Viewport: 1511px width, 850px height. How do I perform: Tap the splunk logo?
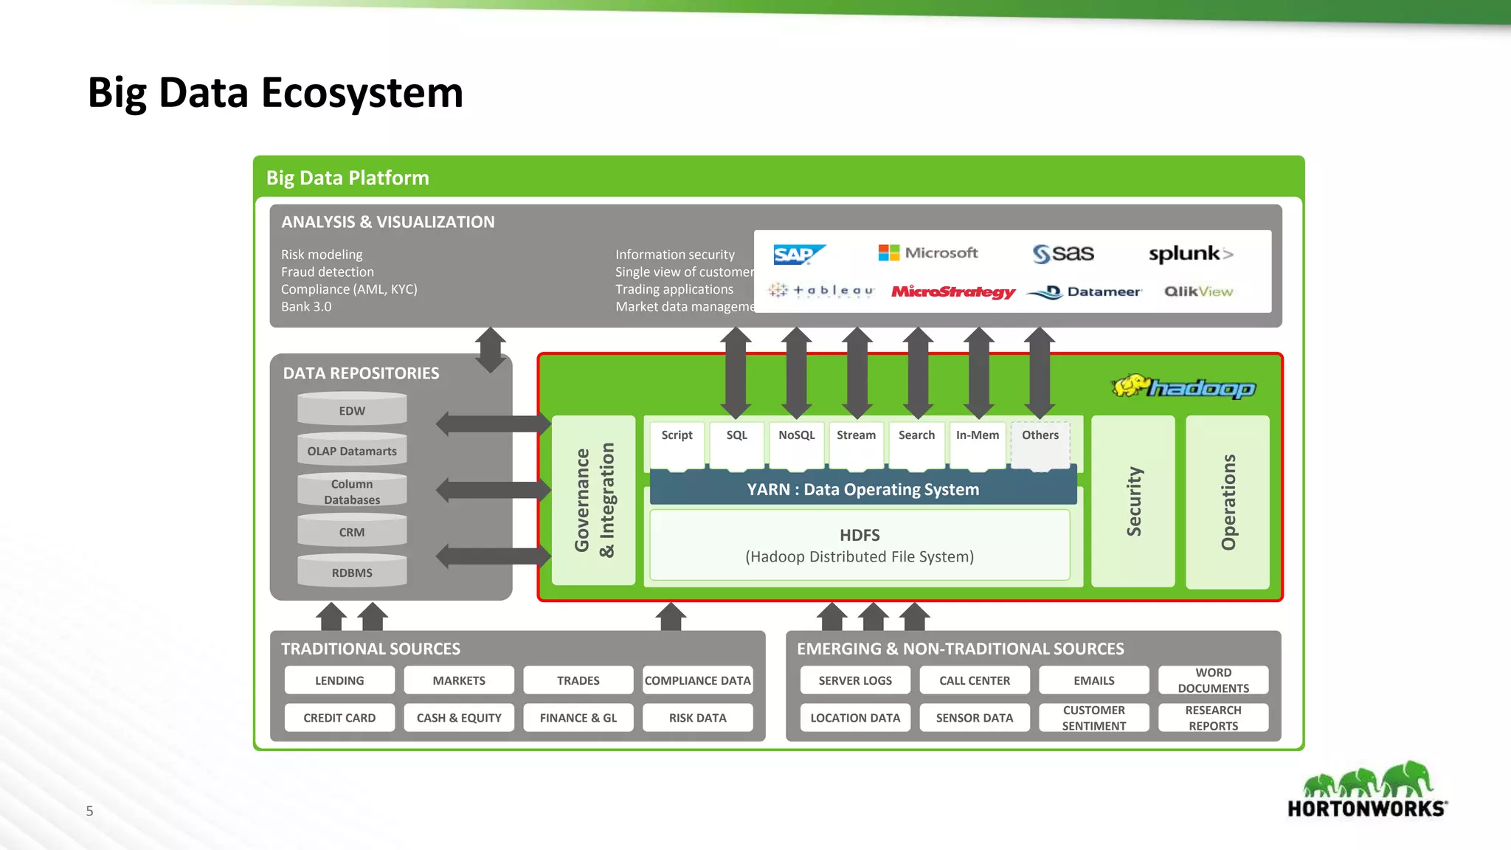(1190, 254)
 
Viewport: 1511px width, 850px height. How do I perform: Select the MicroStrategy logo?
(952, 291)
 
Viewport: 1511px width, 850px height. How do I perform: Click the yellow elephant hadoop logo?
(1183, 387)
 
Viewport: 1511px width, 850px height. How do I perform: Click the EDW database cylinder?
(352, 410)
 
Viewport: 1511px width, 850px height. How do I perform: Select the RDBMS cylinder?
(352, 572)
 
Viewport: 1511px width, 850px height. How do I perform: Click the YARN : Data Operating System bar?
(862, 489)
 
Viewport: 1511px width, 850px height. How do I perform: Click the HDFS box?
(860, 545)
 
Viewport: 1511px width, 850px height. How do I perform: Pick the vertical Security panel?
(1133, 501)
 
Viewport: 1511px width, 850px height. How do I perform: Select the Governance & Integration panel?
(593, 501)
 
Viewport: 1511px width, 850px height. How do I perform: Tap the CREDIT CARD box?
(339, 717)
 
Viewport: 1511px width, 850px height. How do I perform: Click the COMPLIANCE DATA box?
(697, 680)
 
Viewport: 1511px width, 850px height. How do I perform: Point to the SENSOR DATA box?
(974, 717)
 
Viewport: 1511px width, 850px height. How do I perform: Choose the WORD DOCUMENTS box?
(1213, 680)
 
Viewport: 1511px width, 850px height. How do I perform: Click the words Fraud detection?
(327, 272)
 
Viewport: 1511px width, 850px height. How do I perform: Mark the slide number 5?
(89, 811)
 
